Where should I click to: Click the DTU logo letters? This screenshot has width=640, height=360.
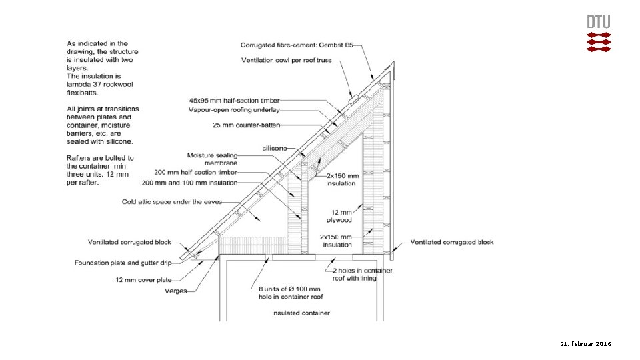[x=598, y=22]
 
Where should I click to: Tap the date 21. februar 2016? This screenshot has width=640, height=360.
[x=585, y=344]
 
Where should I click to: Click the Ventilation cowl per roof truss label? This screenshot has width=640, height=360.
[x=286, y=61]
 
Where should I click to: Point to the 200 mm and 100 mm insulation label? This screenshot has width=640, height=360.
[x=189, y=182]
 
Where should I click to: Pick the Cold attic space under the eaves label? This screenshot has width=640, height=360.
[x=179, y=201]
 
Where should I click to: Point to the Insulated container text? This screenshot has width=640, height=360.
[x=301, y=313]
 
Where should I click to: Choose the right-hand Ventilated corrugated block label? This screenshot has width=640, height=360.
[x=452, y=242]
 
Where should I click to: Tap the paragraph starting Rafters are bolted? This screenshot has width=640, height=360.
[x=100, y=170]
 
